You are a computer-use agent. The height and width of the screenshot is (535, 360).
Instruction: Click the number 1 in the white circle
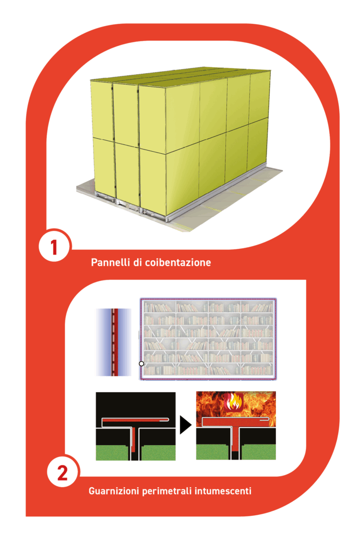54,247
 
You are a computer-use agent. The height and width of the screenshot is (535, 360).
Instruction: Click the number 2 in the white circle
62,473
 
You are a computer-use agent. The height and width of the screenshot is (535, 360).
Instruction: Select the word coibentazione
178,262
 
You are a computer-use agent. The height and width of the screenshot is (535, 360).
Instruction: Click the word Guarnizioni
114,491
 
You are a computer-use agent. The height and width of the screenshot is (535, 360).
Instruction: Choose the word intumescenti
223,491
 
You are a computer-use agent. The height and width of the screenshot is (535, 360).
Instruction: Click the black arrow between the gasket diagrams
185,425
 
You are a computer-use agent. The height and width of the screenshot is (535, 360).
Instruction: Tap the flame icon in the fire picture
234,402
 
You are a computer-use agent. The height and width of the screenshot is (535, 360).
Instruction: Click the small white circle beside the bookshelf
141,364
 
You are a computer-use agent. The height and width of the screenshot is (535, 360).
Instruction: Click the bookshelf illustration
208,339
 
